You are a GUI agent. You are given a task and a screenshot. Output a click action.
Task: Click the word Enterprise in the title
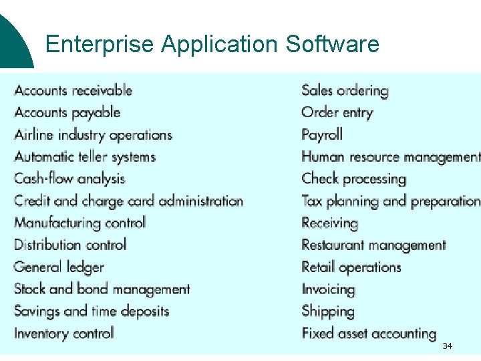pyautogui.click(x=100, y=44)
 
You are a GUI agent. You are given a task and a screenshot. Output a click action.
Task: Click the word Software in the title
pyautogui.click(x=332, y=44)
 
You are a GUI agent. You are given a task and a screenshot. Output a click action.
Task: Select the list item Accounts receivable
pyautogui.click(x=73, y=91)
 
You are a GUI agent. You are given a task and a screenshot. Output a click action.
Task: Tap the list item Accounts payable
pyautogui.click(x=67, y=112)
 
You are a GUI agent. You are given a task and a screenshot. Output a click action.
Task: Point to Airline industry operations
pyautogui.click(x=94, y=134)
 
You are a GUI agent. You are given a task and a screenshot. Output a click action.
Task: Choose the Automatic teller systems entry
pyautogui.click(x=85, y=157)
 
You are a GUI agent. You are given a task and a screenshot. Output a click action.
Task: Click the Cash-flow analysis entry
pyautogui.click(x=69, y=178)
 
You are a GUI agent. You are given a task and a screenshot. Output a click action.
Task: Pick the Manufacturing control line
pyautogui.click(x=79, y=223)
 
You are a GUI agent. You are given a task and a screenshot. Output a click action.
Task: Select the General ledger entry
pyautogui.click(x=59, y=267)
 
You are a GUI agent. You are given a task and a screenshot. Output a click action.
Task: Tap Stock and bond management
pyautogui.click(x=102, y=289)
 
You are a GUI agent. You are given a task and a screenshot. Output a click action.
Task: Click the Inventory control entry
pyautogui.click(x=64, y=333)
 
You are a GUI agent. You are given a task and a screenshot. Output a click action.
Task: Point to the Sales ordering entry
pyautogui.click(x=345, y=91)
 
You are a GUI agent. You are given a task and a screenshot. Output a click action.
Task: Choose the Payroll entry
pyautogui.click(x=322, y=134)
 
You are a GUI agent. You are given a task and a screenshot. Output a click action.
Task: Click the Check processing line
pyautogui.click(x=354, y=178)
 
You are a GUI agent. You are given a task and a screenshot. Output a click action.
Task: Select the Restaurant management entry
pyautogui.click(x=373, y=245)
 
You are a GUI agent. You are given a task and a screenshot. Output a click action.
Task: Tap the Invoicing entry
pyautogui.click(x=328, y=289)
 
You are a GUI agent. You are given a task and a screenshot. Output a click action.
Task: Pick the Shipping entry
pyautogui.click(x=328, y=312)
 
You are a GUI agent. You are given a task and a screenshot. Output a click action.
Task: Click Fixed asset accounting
pyautogui.click(x=369, y=333)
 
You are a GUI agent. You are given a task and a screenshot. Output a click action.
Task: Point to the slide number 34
pyautogui.click(x=447, y=346)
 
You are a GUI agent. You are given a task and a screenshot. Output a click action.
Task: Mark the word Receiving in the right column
pyautogui.click(x=329, y=223)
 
